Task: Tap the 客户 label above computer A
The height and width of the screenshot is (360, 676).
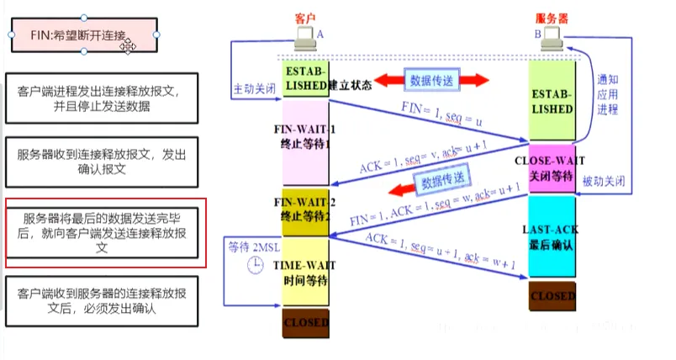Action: (305, 18)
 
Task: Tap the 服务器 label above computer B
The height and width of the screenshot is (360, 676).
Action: (551, 18)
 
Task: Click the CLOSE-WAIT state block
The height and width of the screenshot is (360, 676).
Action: (552, 167)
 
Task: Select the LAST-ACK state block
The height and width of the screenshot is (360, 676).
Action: (552, 236)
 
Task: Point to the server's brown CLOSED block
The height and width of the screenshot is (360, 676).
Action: (552, 296)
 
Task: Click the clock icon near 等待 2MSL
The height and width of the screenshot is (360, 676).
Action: (254, 267)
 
